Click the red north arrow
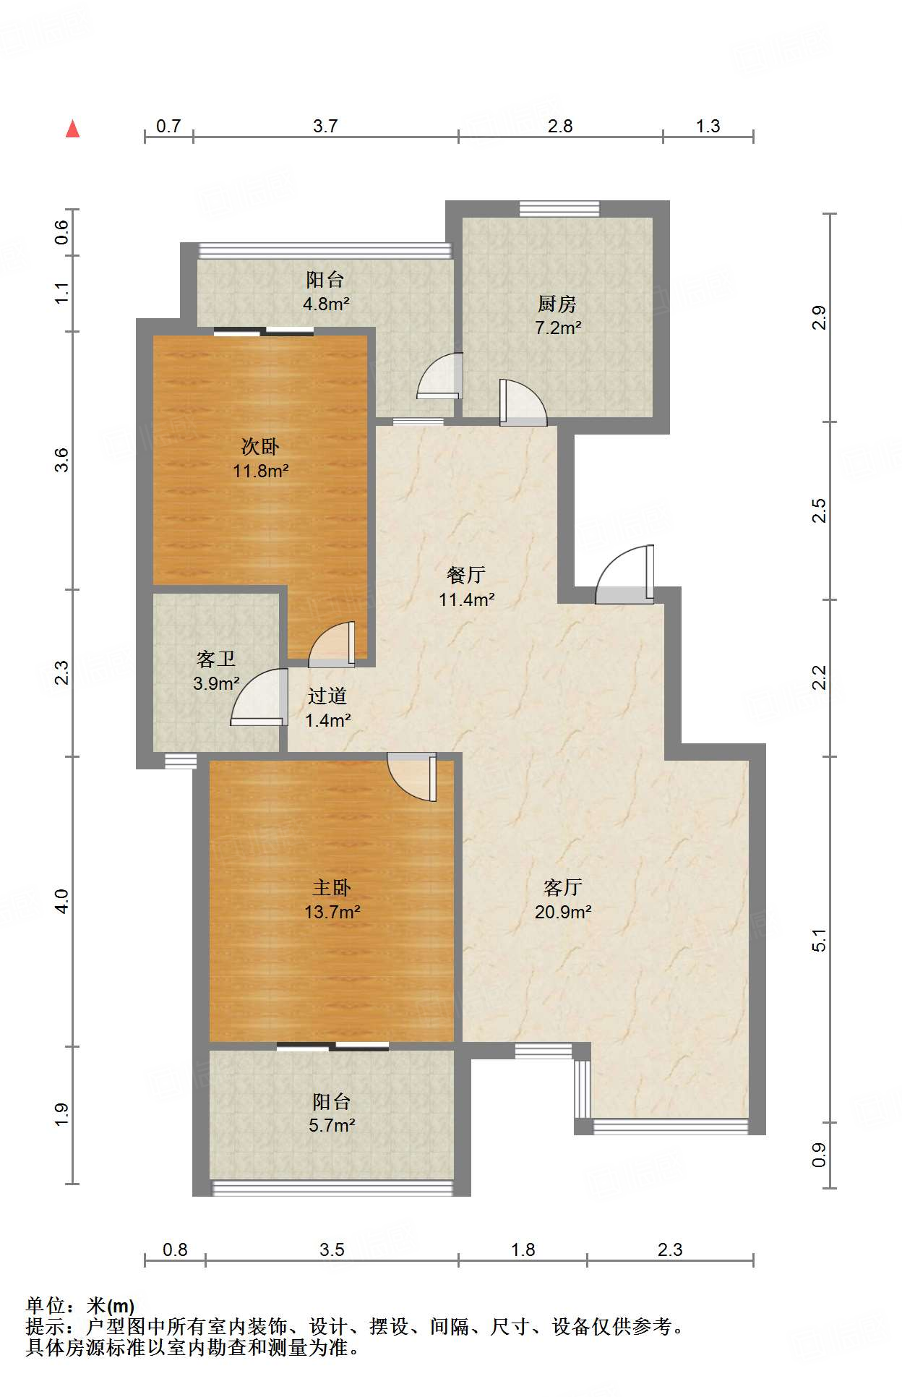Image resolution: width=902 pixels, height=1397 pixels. click(x=72, y=129)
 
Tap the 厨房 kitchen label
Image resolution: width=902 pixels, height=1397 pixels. click(x=557, y=304)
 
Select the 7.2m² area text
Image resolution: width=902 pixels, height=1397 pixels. click(x=558, y=328)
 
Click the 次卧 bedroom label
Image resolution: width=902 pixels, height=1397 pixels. click(x=260, y=446)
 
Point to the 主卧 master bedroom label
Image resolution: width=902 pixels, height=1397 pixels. click(x=332, y=887)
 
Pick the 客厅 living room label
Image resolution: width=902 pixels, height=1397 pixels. click(x=563, y=887)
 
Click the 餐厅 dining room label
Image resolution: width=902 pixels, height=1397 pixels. click(x=466, y=575)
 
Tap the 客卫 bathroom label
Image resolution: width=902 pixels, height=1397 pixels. click(x=216, y=659)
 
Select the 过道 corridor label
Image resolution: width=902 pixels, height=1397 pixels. click(x=327, y=696)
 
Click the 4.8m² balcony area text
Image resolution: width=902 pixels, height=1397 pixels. click(x=326, y=304)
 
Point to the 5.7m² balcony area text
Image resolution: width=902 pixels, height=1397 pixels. click(x=331, y=1125)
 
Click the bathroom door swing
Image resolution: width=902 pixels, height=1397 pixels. click(x=259, y=697)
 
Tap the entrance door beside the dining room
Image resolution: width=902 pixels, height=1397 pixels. click(x=624, y=574)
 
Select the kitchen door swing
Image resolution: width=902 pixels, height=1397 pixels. click(x=523, y=402)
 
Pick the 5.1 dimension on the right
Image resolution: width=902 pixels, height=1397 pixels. click(x=819, y=939)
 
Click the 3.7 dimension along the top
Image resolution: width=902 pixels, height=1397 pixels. click(x=325, y=126)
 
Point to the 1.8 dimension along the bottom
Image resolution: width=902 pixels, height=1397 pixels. click(x=523, y=1249)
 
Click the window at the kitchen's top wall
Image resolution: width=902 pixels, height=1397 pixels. click(x=559, y=208)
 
